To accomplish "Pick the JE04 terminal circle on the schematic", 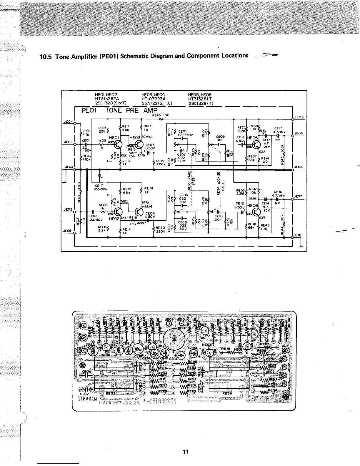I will click(x=75, y=123).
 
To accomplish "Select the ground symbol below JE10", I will click(x=300, y=247).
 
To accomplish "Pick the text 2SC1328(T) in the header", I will click(x=201, y=103).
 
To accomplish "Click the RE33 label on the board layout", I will click(x=111, y=392).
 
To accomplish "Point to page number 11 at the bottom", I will click(x=185, y=451).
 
